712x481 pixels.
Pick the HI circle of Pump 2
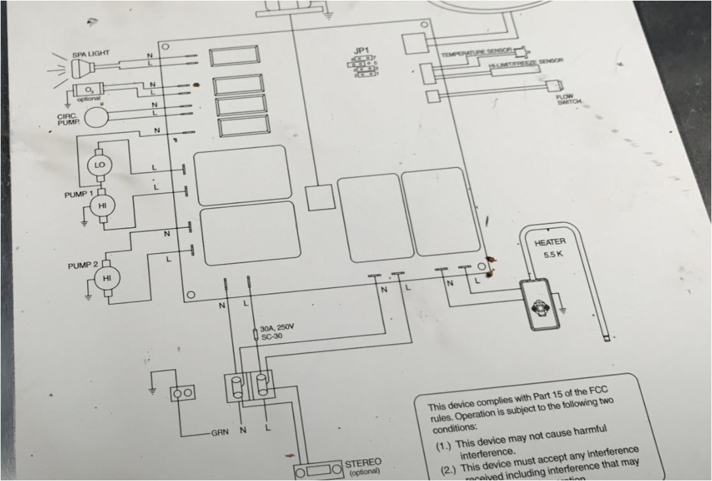click(x=103, y=278)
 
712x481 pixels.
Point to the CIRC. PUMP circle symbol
click(x=97, y=116)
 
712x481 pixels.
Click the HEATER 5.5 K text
click(x=550, y=248)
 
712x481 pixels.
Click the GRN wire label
click(x=220, y=432)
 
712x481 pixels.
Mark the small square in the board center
click(x=319, y=197)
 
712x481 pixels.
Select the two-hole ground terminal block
click(x=183, y=393)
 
